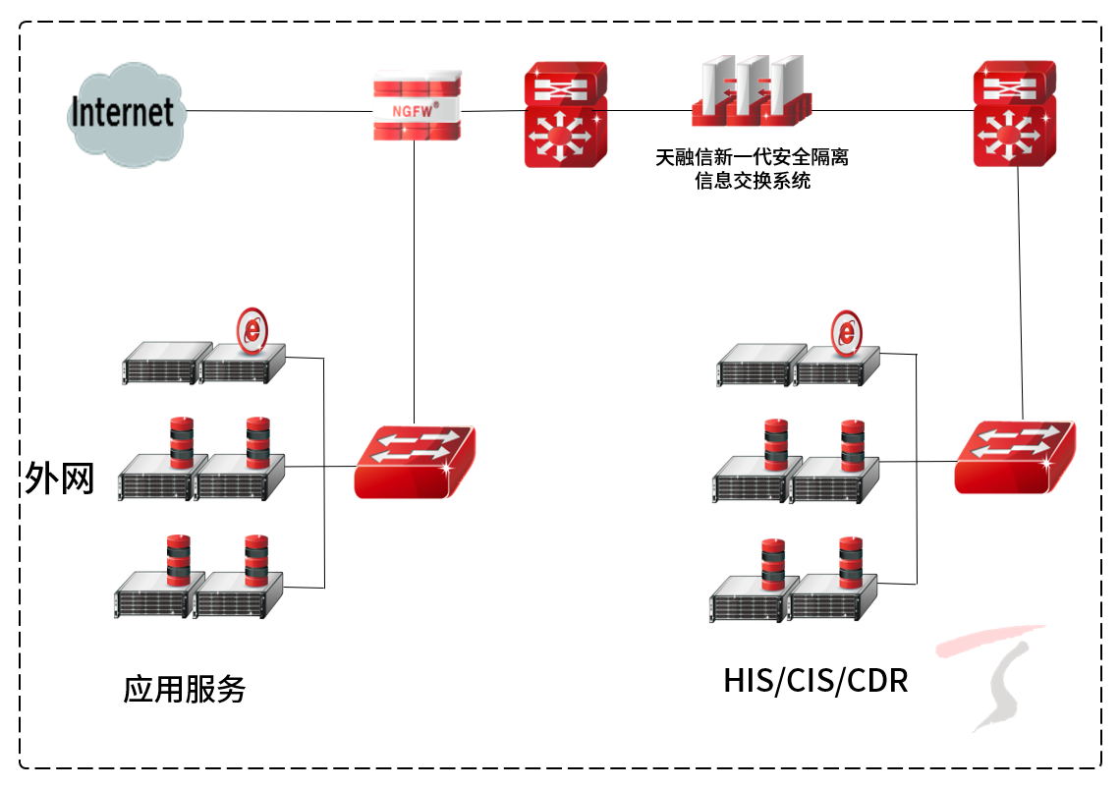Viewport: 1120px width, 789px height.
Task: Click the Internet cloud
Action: (124, 113)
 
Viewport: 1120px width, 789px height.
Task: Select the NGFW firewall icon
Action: (418, 105)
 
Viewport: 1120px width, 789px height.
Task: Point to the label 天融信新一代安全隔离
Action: (753, 157)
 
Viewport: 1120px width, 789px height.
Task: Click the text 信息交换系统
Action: (753, 181)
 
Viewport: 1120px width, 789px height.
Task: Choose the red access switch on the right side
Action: (1014, 456)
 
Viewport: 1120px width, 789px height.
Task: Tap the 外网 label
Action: (59, 479)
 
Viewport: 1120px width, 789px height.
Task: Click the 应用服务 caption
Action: (184, 689)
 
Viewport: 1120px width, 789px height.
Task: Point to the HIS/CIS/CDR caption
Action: (815, 680)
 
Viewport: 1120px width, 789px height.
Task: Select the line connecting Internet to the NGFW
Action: (280, 111)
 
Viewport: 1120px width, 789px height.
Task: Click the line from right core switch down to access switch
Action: (1022, 295)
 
